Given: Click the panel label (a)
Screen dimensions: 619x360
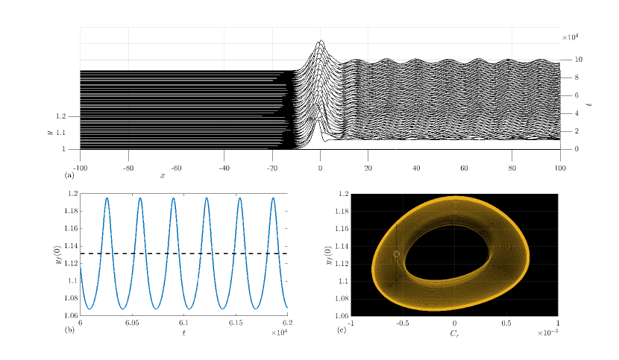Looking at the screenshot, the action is pyautogui.click(x=69, y=175).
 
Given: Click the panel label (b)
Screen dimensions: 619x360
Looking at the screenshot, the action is pyautogui.click(x=69, y=330).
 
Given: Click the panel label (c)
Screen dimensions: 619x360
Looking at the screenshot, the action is pyautogui.click(x=342, y=330).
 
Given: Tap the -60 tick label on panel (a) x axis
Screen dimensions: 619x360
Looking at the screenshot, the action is pyautogui.click(x=176, y=168).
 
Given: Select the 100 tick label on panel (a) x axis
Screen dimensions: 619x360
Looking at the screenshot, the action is pyautogui.click(x=560, y=168).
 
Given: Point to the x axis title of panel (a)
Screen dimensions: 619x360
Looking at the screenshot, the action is pyautogui.click(x=163, y=176).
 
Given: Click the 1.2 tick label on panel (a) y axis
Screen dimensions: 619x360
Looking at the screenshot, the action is pyautogui.click(x=61, y=116).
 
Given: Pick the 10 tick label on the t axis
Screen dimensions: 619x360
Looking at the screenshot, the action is pyautogui.click(x=578, y=60).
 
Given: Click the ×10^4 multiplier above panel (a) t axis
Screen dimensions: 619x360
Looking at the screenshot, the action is pyautogui.click(x=571, y=37).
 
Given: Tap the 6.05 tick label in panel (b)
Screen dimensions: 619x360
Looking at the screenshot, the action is pyautogui.click(x=132, y=323).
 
